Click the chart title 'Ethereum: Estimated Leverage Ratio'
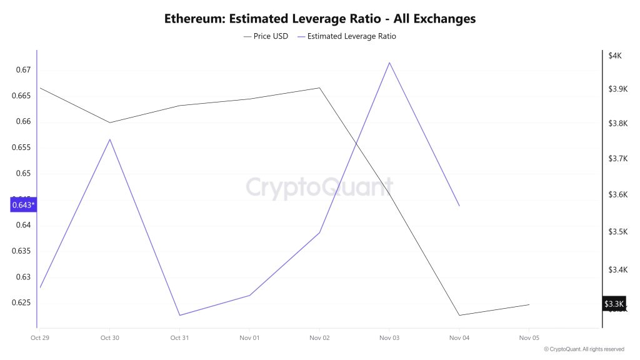pos(319,19)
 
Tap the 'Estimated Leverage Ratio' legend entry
pos(351,36)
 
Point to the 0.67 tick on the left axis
pos(23,70)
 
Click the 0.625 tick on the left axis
pos(21,303)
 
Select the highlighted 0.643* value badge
pos(24,205)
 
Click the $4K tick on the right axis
pos(615,56)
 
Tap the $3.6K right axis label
pos(617,195)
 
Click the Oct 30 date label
pos(109,337)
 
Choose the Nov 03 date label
pos(389,337)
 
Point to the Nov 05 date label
pos(529,337)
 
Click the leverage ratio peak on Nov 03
pos(389,62)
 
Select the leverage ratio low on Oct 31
pos(180,315)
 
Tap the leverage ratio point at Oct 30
pos(110,139)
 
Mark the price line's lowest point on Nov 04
pos(459,315)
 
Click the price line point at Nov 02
pos(319,87)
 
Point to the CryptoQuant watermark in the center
pos(319,187)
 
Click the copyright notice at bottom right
pos(584,349)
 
